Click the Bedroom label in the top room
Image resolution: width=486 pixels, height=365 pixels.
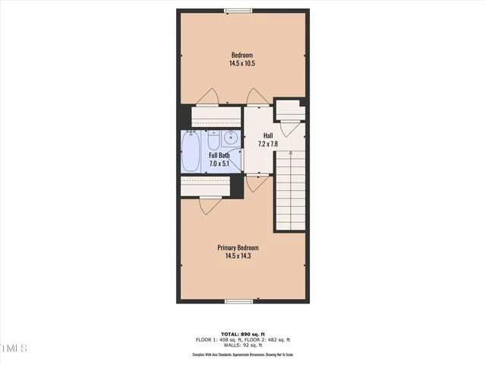[242, 55]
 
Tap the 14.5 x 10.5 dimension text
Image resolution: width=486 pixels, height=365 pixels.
[242, 64]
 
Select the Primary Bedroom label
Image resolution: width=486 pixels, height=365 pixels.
[238, 248]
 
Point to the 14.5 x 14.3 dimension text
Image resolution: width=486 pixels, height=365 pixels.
[238, 257]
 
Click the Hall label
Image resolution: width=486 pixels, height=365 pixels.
[268, 135]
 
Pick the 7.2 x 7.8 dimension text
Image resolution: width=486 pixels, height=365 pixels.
[268, 144]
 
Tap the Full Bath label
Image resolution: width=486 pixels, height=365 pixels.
[219, 155]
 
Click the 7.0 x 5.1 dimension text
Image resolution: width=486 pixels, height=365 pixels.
[219, 163]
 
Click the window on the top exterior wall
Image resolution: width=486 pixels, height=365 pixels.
[238, 10]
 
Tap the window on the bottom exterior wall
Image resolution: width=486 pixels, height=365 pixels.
[238, 302]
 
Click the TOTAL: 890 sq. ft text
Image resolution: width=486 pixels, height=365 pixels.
[242, 335]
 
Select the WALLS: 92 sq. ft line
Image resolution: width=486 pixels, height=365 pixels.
[242, 345]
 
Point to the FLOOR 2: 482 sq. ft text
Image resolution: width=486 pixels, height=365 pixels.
[270, 340]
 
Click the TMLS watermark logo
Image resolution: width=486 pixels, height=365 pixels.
[14, 348]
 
